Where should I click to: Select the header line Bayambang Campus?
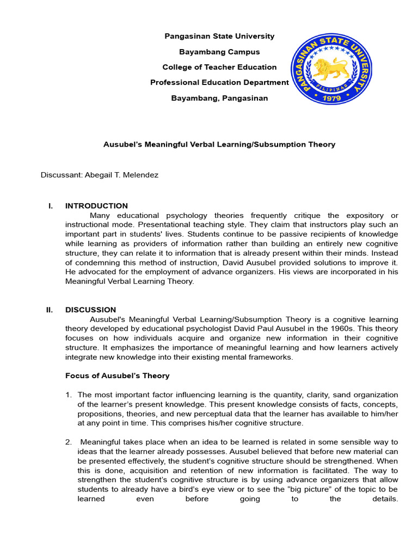219,52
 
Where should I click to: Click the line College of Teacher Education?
219,67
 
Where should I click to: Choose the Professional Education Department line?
219,82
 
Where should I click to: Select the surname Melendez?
141,175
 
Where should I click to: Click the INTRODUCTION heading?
96,206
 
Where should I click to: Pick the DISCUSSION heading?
90,310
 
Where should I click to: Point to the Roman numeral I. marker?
51,206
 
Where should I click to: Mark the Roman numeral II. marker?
50,310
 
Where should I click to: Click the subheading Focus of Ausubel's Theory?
117,375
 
